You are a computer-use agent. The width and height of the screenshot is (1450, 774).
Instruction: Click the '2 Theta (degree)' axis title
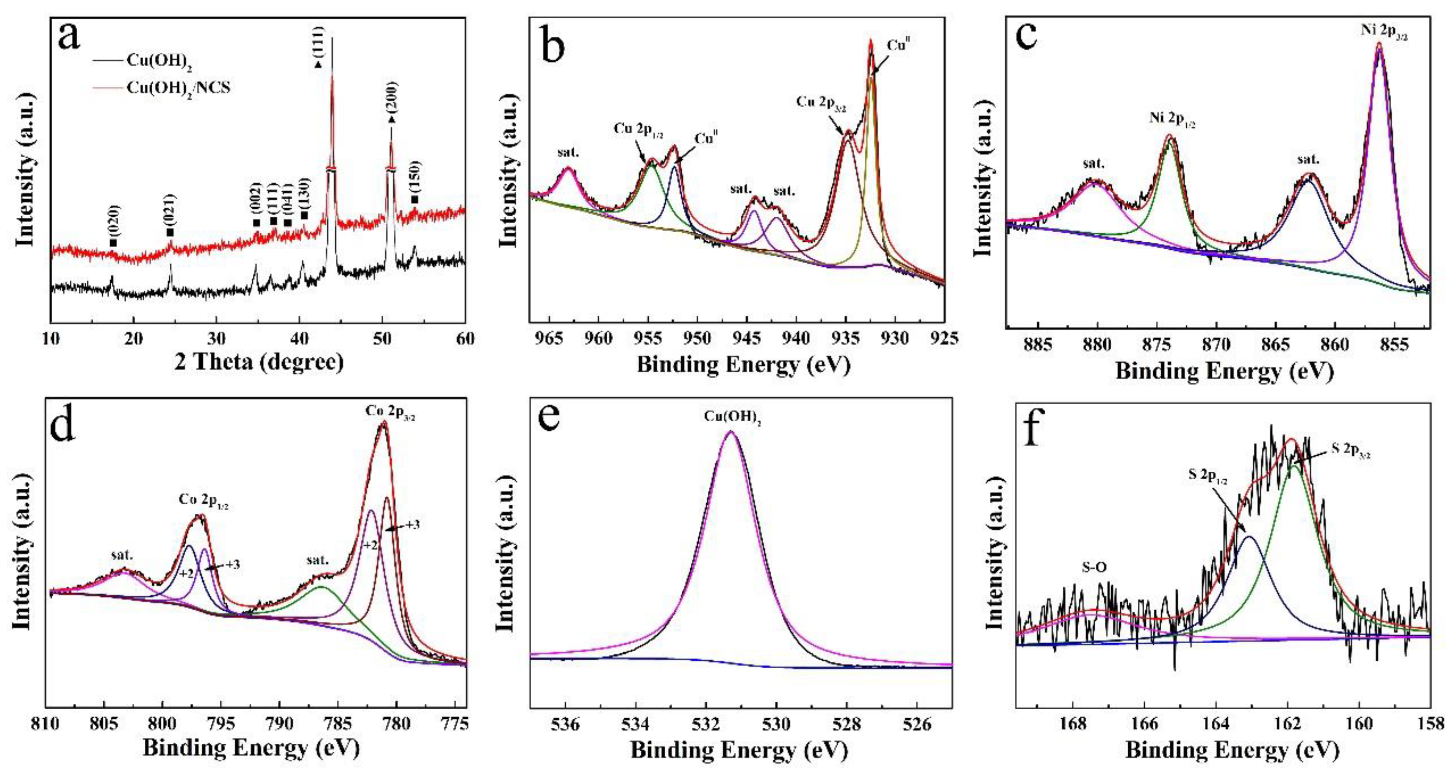[x=258, y=361]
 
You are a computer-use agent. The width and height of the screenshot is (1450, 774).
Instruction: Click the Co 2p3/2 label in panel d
[x=390, y=411]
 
